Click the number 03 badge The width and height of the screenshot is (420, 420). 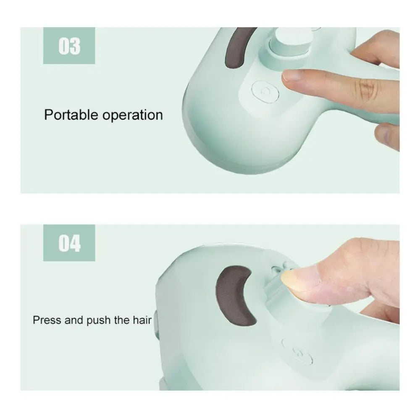point(69,46)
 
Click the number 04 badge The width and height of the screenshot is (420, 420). point(69,243)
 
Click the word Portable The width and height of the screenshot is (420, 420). point(71,115)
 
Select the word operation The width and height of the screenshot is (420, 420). point(133,115)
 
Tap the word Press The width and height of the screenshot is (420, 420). point(47,320)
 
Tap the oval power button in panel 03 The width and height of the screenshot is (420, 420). point(265,92)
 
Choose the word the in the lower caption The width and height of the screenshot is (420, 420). point(122,320)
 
